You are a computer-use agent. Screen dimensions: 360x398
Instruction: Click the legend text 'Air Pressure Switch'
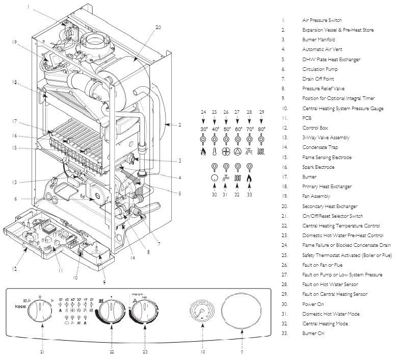pyautogui.click(x=322, y=20)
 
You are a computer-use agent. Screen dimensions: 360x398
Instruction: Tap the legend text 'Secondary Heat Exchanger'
pyautogui.click(x=329, y=206)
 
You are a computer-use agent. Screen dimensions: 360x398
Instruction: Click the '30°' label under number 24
pyautogui.click(x=204, y=130)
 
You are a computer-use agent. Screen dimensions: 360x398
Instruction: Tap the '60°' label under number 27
pyautogui.click(x=238, y=130)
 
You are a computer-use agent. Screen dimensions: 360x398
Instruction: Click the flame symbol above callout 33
pyautogui.click(x=250, y=178)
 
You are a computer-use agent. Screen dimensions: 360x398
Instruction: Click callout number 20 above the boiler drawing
pyautogui.click(x=158, y=28)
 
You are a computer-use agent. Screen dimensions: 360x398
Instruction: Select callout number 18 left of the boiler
pyautogui.click(x=16, y=82)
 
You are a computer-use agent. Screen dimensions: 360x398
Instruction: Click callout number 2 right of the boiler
pyautogui.click(x=180, y=124)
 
